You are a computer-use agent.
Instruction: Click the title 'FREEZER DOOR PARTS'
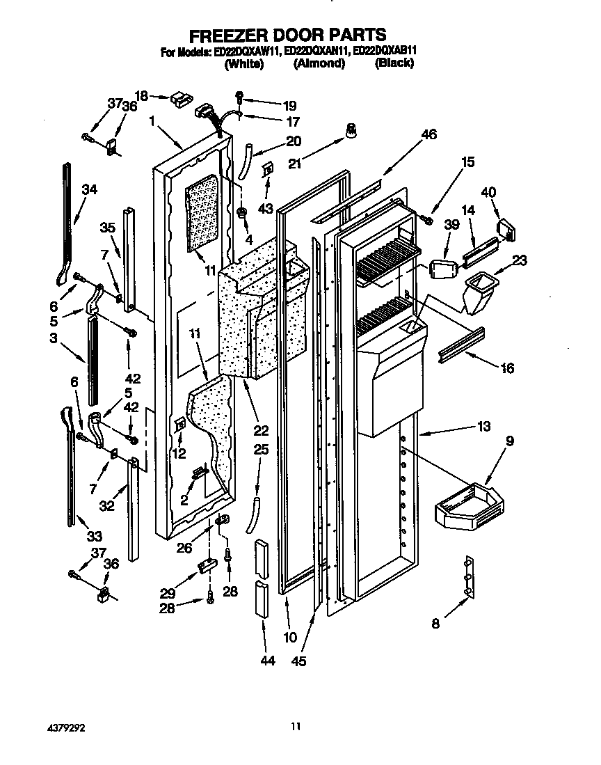pos(288,35)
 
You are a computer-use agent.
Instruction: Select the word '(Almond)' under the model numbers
pos(319,63)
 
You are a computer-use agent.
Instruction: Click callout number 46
pos(428,135)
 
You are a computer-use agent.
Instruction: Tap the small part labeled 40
pos(506,228)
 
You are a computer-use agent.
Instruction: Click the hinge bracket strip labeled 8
pos(469,577)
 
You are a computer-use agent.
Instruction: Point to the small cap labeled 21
pos(352,129)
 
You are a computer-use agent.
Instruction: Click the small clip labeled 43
pos(267,170)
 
